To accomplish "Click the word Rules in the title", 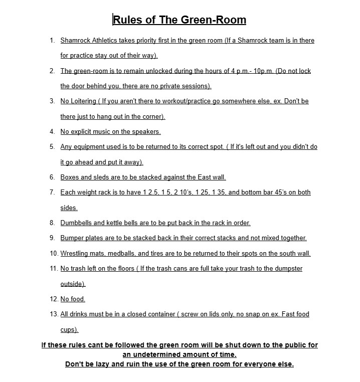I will [126, 20].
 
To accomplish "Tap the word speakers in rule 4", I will [146, 131].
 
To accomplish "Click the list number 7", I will [52, 192].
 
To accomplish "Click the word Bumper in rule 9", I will [72, 238].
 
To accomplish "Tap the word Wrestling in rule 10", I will [75, 253].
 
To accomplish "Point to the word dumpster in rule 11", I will [286, 269].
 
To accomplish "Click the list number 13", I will [54, 314].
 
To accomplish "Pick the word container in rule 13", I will [159, 314].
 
